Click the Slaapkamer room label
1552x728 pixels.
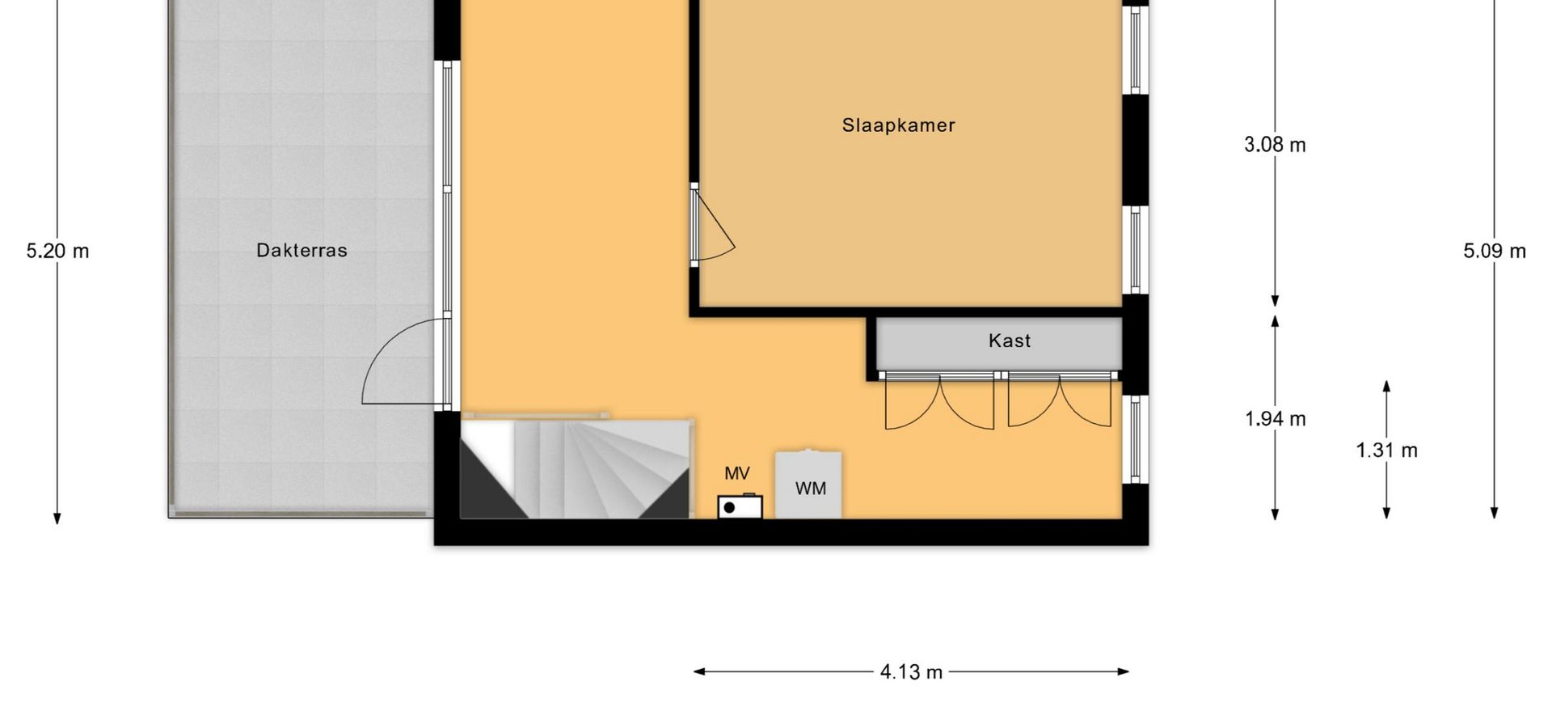click(898, 125)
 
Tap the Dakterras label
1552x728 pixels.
click(302, 251)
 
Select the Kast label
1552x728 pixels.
click(1010, 341)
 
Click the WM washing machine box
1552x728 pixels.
click(809, 485)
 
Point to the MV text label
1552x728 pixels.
click(736, 474)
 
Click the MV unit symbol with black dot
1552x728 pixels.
click(740, 506)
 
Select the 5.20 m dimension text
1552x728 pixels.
click(57, 251)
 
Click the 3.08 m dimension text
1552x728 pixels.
click(1275, 145)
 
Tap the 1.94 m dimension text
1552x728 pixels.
click(1275, 419)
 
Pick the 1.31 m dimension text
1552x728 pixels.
click(1386, 451)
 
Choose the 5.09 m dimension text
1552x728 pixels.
click(1495, 251)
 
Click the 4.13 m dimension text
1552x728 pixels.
click(911, 672)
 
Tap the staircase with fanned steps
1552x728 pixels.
click(575, 468)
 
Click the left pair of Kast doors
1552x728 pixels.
click(939, 402)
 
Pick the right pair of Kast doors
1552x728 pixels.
click(1059, 402)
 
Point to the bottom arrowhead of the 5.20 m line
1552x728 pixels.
click(57, 518)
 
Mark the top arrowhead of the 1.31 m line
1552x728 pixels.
click(1386, 387)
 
